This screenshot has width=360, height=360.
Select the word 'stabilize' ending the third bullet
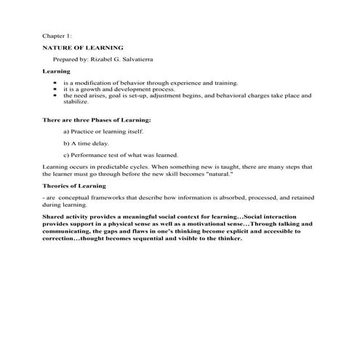pyautogui.click(x=75, y=102)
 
